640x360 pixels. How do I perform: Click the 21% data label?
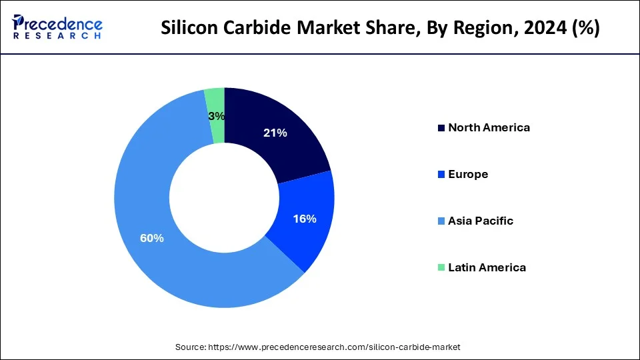274,133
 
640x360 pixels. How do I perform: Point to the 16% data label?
304,219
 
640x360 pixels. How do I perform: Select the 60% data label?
151,238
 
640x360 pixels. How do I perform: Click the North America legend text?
489,127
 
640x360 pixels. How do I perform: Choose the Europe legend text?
468,174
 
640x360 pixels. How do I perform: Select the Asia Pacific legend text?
481,221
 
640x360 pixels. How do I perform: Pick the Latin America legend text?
487,267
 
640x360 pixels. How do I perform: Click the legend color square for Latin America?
441,267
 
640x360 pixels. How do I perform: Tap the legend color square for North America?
441,127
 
